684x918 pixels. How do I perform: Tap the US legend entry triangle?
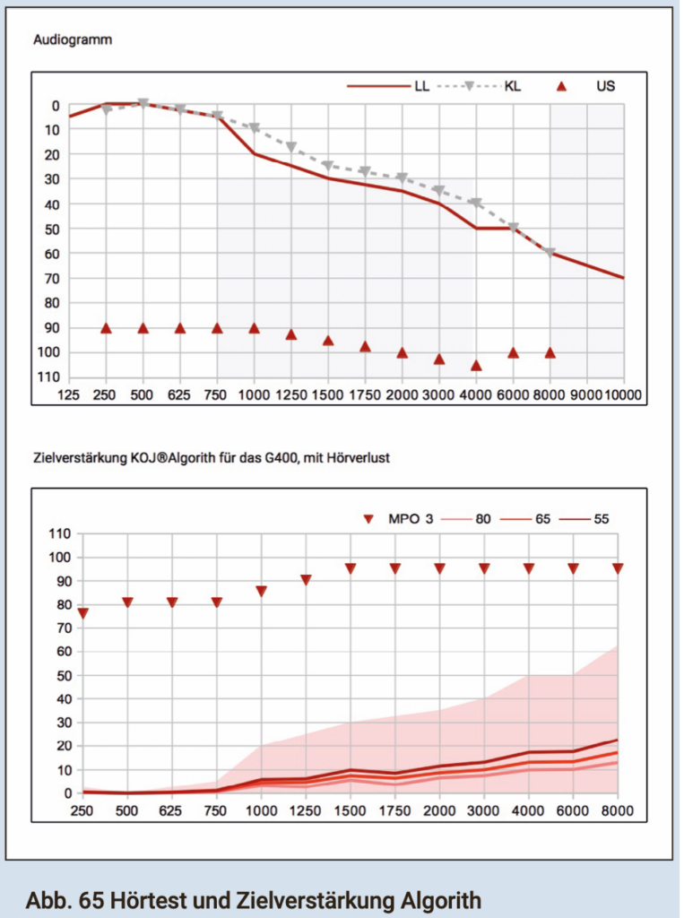coord(563,86)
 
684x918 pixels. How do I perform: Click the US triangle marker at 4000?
coord(476,366)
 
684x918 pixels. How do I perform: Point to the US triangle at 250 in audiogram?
coord(106,328)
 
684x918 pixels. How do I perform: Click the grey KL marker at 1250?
coord(290,146)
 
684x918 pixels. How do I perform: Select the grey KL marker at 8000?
coord(550,253)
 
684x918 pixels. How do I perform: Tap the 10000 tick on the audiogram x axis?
coord(624,394)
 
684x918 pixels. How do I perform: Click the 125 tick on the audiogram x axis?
coord(69,394)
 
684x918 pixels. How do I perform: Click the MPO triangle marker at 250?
coord(82,614)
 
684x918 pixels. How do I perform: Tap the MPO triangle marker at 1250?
coord(306,580)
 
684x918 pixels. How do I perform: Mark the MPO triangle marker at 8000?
coord(618,568)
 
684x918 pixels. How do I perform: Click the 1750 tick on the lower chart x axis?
coord(394,810)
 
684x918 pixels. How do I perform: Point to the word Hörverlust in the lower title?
coord(359,457)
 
